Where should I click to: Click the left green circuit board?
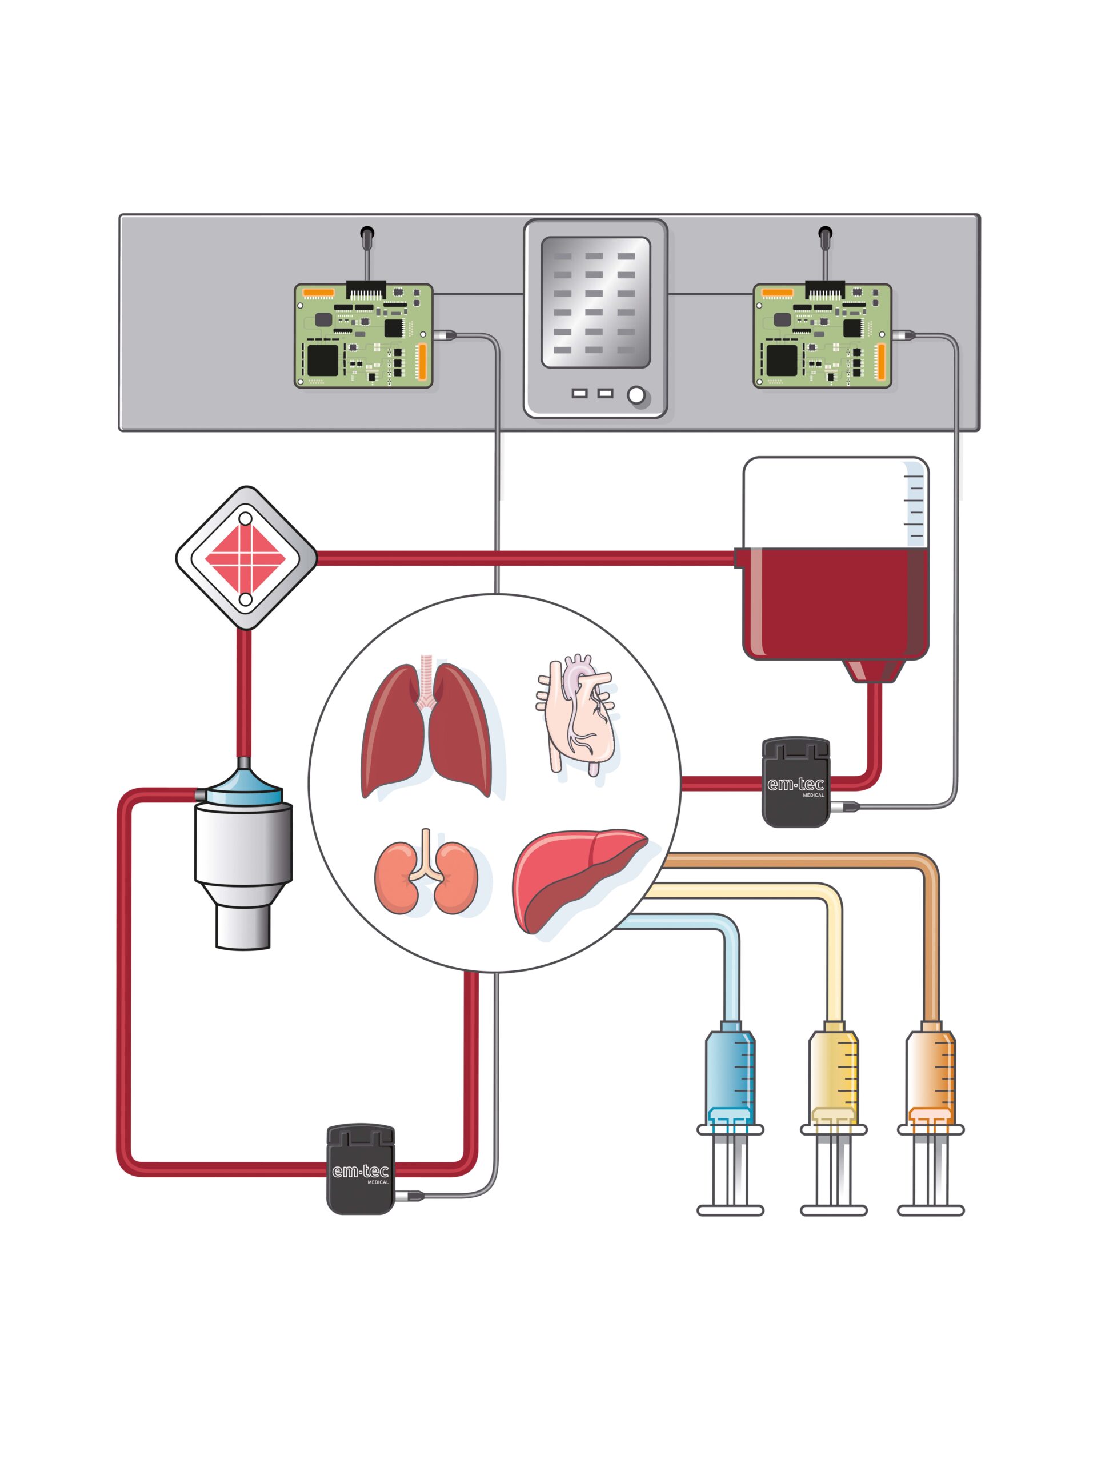(363, 336)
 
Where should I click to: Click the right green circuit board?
(822, 336)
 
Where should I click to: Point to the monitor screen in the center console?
(595, 302)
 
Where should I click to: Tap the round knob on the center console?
(635, 395)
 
